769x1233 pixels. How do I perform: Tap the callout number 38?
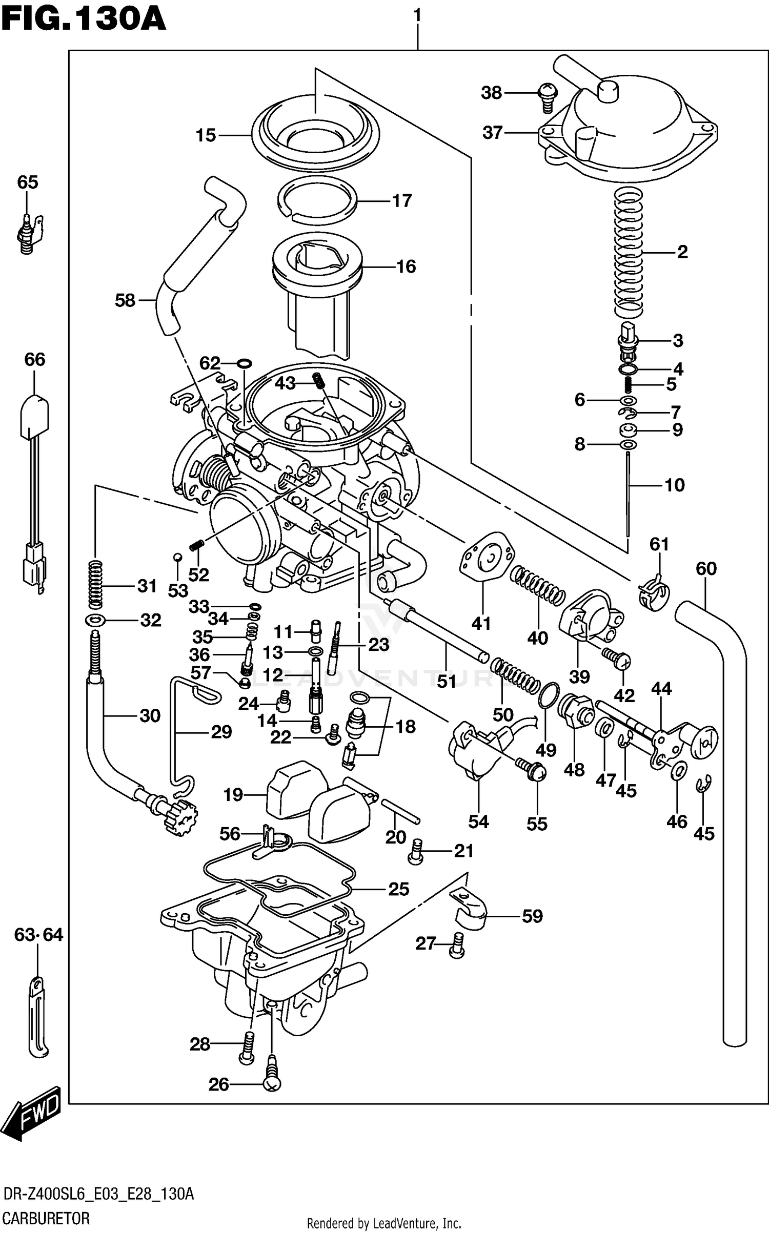(x=491, y=93)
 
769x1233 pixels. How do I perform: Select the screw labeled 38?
(x=547, y=97)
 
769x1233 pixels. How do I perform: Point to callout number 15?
(x=206, y=136)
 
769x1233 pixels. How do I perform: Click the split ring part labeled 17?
(x=317, y=200)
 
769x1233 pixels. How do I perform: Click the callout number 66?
(x=34, y=359)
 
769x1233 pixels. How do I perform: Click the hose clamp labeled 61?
(x=654, y=595)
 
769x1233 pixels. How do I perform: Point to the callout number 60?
(x=706, y=568)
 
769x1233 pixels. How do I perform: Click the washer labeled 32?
(x=95, y=621)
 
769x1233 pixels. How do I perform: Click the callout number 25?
(x=398, y=889)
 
